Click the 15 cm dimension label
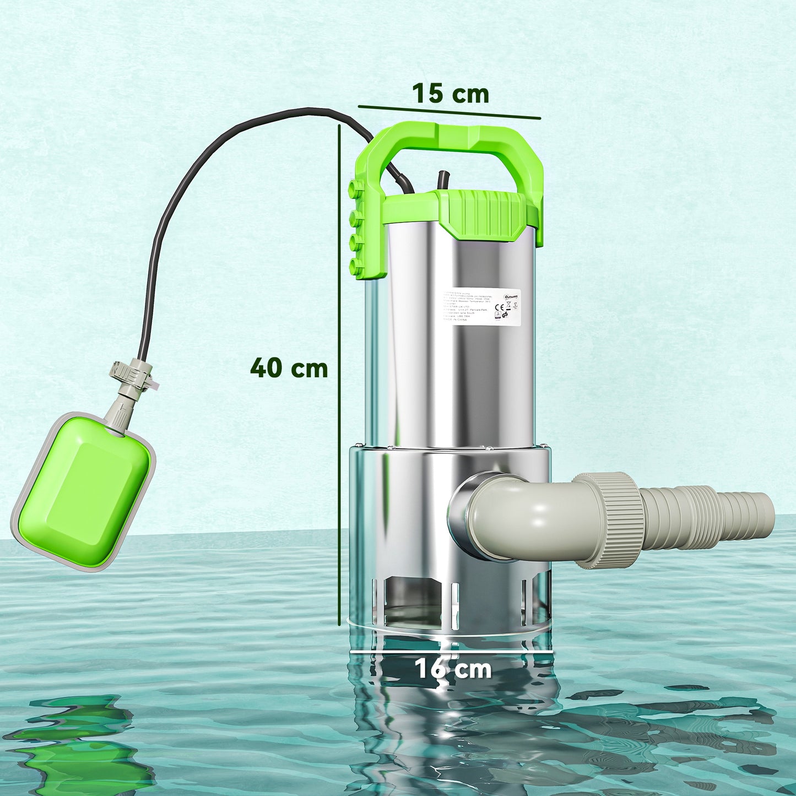coord(450,94)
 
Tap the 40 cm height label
coord(289,367)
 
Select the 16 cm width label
coord(452,669)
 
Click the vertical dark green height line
coord(339,375)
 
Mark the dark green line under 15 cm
coord(449,112)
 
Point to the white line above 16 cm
coord(452,651)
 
